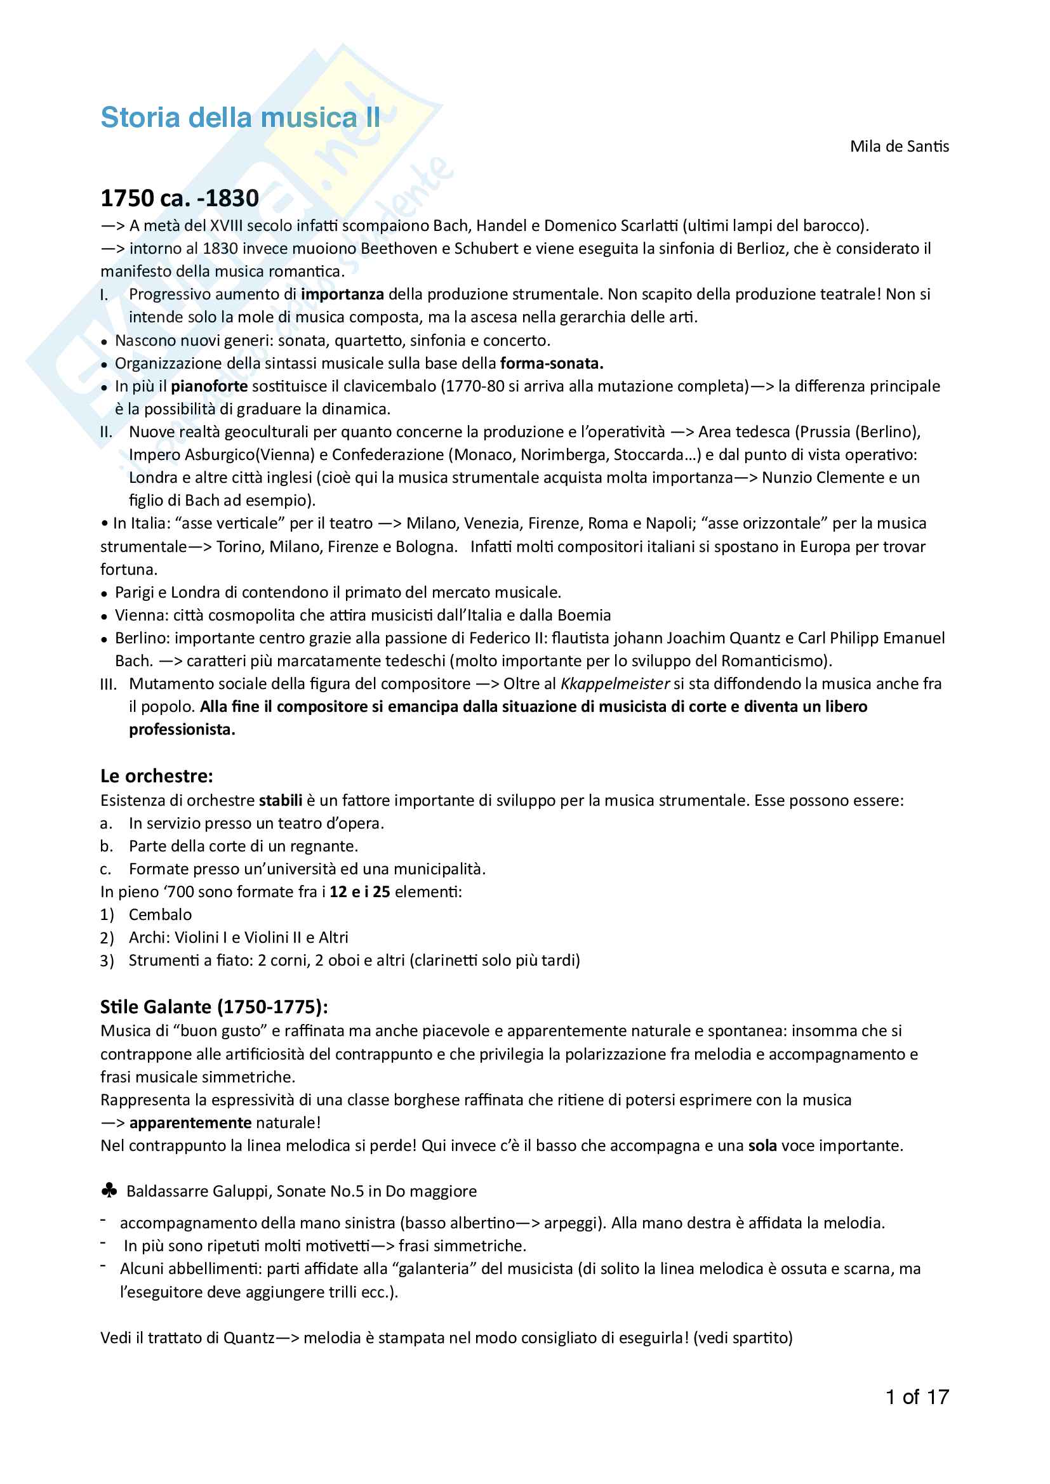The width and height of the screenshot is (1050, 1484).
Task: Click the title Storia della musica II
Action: (240, 117)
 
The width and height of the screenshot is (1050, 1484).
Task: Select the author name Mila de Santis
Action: (899, 147)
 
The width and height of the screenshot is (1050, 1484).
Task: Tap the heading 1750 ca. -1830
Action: (180, 198)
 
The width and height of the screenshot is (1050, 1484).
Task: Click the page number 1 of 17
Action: (917, 1396)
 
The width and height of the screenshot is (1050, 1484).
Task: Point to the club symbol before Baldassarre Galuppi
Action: (109, 1190)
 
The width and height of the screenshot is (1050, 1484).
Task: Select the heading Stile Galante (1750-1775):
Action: (214, 1007)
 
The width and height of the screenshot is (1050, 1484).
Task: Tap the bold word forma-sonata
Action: (552, 364)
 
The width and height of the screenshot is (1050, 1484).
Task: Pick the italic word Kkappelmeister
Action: (615, 684)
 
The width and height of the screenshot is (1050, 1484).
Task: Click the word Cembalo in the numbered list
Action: (161, 915)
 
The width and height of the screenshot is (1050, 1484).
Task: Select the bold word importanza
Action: (343, 295)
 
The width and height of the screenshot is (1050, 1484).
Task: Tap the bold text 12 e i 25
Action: (359, 892)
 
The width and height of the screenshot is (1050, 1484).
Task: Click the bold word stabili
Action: (281, 801)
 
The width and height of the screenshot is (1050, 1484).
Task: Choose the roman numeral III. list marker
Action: (109, 685)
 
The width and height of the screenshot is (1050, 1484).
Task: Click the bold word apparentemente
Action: (190, 1123)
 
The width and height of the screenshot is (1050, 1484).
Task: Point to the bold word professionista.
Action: (182, 730)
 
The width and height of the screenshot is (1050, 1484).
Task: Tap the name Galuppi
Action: (241, 1192)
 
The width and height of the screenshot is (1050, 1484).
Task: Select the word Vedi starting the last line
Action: (116, 1337)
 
